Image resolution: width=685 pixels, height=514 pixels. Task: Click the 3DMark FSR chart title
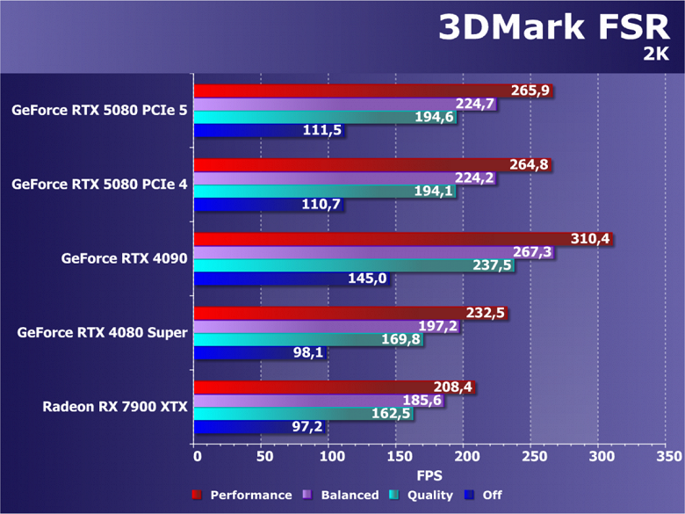(x=559, y=27)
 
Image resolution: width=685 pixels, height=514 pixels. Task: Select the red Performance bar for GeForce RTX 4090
(x=378, y=239)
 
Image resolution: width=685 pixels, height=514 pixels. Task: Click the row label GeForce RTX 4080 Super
(x=102, y=333)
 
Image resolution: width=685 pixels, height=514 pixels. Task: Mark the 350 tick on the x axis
(x=667, y=457)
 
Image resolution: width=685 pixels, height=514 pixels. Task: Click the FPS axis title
(x=429, y=475)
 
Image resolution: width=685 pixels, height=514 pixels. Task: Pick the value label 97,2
(x=308, y=427)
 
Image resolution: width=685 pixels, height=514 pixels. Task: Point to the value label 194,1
(x=436, y=192)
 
